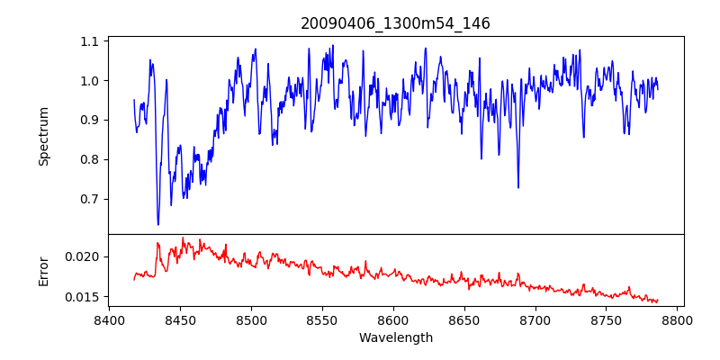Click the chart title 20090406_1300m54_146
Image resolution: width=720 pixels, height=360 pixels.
(x=395, y=24)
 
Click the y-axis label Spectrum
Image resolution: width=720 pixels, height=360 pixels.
(x=43, y=136)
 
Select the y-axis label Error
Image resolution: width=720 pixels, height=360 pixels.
(x=43, y=270)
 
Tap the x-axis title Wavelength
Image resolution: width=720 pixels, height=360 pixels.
(x=395, y=338)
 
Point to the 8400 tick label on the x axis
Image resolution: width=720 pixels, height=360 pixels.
(x=109, y=319)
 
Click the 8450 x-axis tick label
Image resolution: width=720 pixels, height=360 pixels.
(x=180, y=319)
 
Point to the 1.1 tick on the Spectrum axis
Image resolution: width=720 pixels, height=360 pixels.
(x=90, y=41)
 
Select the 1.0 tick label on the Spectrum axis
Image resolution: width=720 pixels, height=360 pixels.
(x=90, y=81)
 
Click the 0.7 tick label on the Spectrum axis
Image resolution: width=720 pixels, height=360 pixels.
(x=90, y=199)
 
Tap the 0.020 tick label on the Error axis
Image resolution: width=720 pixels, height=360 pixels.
(x=84, y=256)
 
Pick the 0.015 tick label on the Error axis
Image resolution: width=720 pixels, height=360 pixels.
(x=84, y=297)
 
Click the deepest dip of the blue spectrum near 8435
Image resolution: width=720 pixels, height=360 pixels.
(x=158, y=224)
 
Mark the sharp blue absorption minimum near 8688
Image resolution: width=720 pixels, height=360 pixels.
(x=518, y=187)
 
